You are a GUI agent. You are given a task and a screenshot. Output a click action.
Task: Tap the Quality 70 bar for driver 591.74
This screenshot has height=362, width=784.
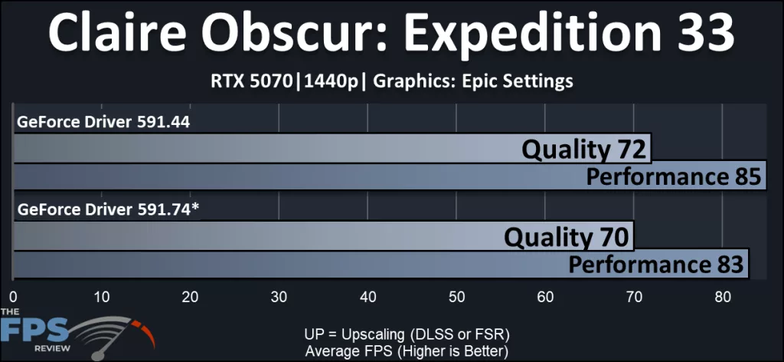[322, 236]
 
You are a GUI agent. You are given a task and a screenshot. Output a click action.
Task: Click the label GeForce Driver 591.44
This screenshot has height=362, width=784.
[103, 121]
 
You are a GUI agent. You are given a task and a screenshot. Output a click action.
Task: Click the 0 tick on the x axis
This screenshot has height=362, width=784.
[13, 296]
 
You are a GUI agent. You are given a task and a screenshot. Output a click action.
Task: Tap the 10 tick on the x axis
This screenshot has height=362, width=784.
[102, 296]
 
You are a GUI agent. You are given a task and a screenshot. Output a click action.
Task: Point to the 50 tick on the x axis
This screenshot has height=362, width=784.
[456, 296]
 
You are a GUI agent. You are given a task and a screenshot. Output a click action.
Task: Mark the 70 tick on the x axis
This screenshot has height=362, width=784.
[634, 296]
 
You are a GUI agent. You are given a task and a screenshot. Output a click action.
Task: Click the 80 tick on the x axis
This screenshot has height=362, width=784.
[722, 296]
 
